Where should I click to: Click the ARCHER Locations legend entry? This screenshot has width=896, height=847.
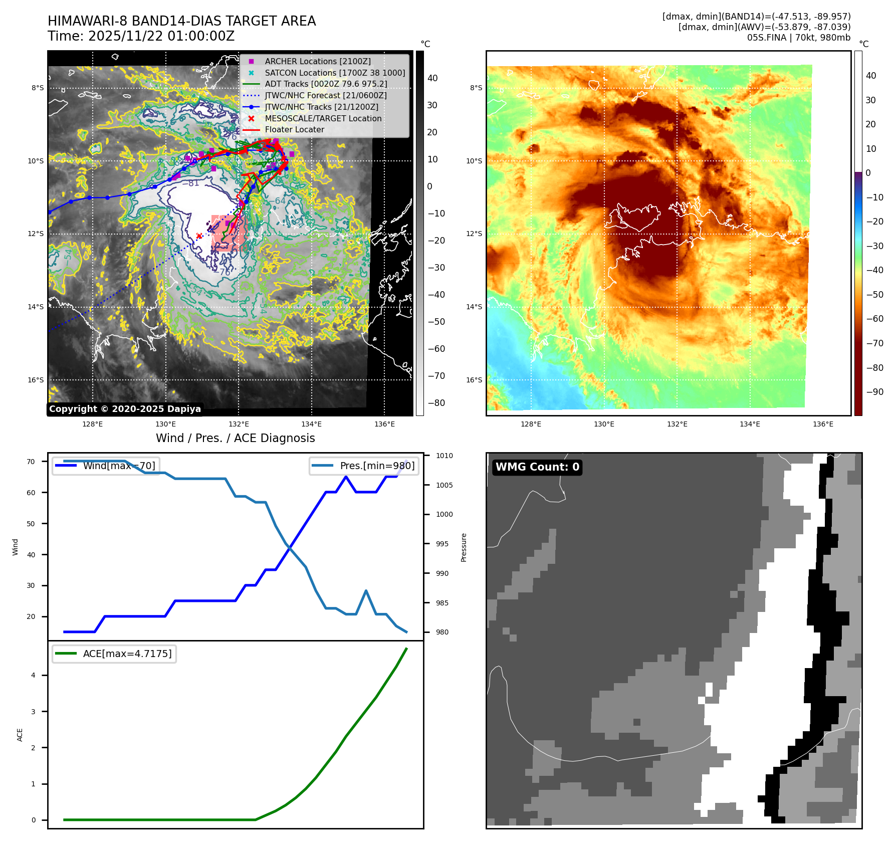click(x=318, y=61)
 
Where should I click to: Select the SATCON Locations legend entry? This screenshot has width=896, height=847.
click(x=335, y=73)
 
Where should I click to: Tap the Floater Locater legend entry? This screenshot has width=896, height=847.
click(x=294, y=129)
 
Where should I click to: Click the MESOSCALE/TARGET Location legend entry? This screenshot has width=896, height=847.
click(x=323, y=118)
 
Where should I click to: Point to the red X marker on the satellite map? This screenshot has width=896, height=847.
click(x=199, y=236)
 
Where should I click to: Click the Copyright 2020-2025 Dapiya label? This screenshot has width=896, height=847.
click(x=125, y=409)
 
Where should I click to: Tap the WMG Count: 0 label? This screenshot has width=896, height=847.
click(x=537, y=467)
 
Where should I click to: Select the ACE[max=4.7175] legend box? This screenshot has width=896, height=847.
click(x=114, y=654)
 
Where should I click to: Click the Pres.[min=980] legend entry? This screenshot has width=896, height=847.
click(x=364, y=466)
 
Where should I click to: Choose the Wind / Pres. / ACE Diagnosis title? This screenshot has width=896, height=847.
click(x=235, y=438)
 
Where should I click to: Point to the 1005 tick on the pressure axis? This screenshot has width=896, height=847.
click(x=444, y=485)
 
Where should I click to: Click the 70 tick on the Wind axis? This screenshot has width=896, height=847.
click(x=31, y=462)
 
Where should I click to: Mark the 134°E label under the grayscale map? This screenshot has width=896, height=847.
click(x=311, y=424)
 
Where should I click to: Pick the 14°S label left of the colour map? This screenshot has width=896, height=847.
click(x=474, y=307)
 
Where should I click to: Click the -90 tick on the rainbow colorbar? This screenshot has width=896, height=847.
click(x=874, y=392)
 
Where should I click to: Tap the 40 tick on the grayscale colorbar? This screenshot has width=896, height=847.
click(x=432, y=78)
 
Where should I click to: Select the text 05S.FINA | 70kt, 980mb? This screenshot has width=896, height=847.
click(x=798, y=38)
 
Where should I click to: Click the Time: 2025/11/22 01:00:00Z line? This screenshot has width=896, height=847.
click(x=141, y=36)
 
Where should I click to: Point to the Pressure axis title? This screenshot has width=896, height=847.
click(x=464, y=547)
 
